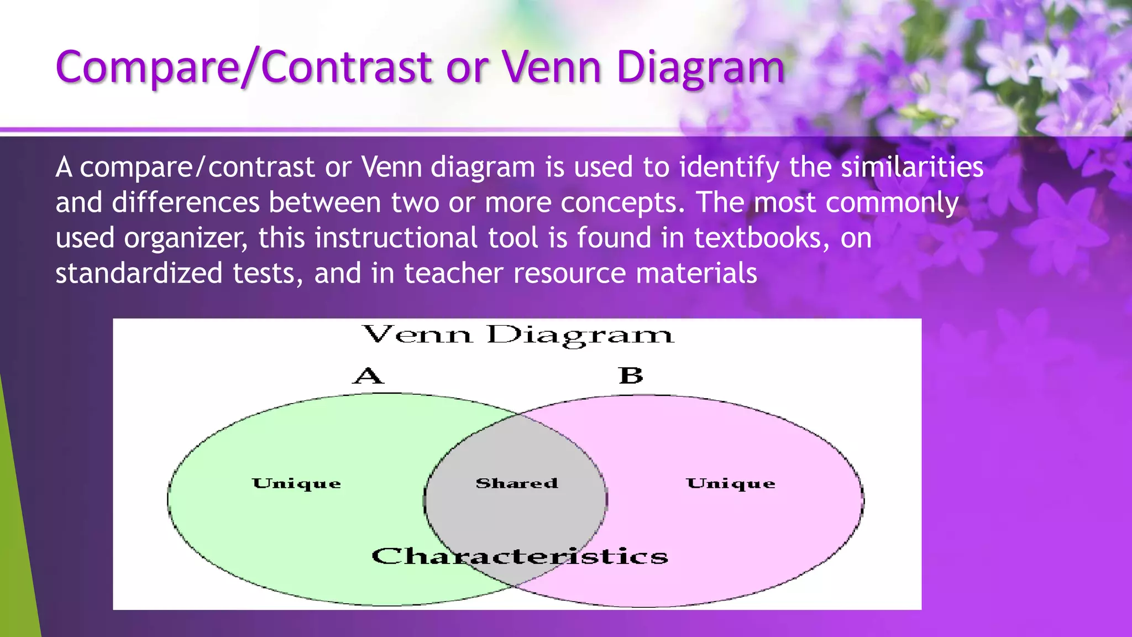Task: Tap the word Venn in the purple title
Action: click(551, 67)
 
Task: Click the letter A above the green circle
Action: click(368, 376)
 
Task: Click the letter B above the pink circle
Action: click(631, 375)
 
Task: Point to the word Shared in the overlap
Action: click(517, 483)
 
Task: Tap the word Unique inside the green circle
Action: click(296, 484)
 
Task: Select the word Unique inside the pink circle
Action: click(731, 484)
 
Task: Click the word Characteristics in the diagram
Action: click(520, 556)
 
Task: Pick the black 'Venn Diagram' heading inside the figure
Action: click(518, 335)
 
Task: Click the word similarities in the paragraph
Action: click(912, 167)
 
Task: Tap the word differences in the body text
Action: click(186, 202)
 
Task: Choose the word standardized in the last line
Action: click(139, 273)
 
